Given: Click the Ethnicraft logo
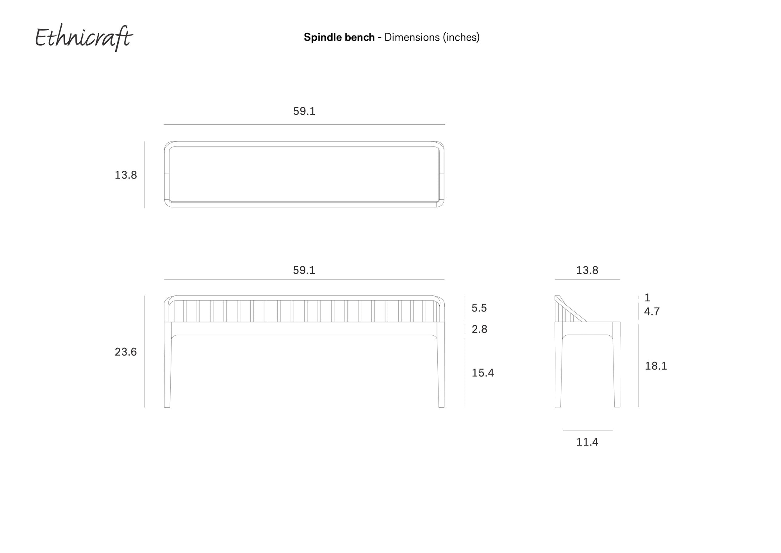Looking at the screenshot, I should (x=84, y=38).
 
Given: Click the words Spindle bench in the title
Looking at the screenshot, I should (x=339, y=37).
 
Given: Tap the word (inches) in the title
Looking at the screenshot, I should (x=461, y=37).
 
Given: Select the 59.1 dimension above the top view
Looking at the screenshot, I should (x=304, y=111).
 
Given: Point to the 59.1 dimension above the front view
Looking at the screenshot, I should (x=304, y=270).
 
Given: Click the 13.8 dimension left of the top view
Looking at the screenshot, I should (x=126, y=175).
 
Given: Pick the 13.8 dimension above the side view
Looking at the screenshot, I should (x=587, y=270).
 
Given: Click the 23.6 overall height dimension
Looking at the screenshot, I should (x=126, y=352).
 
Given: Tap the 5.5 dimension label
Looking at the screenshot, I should (x=479, y=308).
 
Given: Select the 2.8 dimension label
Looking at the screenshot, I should (x=479, y=329).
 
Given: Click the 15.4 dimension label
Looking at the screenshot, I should (x=483, y=373).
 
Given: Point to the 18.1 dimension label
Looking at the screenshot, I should (x=656, y=366).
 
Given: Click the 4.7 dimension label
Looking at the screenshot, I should (x=652, y=312).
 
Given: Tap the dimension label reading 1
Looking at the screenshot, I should (x=647, y=298).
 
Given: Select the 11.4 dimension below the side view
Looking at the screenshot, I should (x=587, y=442).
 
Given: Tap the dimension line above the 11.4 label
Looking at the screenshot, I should (x=587, y=430).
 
